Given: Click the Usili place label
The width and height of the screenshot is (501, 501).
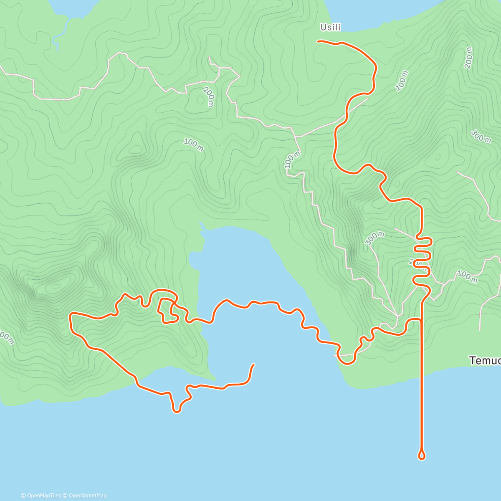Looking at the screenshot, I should tap(330, 28).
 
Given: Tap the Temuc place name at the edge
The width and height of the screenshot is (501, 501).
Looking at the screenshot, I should tap(484, 361).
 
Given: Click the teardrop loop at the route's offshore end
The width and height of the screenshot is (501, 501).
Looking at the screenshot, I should tap(422, 455).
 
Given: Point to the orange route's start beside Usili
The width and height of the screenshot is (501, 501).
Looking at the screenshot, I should tap(319, 41).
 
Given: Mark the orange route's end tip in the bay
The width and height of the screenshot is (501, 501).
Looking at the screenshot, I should tap(254, 365).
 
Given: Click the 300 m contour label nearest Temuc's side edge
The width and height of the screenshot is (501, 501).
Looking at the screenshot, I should tap(481, 136).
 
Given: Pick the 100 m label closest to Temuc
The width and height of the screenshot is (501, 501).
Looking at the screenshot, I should tap(467, 276).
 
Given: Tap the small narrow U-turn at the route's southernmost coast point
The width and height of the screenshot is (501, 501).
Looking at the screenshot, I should tap(176, 410).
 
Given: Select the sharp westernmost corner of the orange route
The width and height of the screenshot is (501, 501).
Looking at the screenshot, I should tap(70, 314).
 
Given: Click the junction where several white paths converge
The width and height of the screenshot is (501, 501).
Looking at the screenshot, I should tap(397, 314).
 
